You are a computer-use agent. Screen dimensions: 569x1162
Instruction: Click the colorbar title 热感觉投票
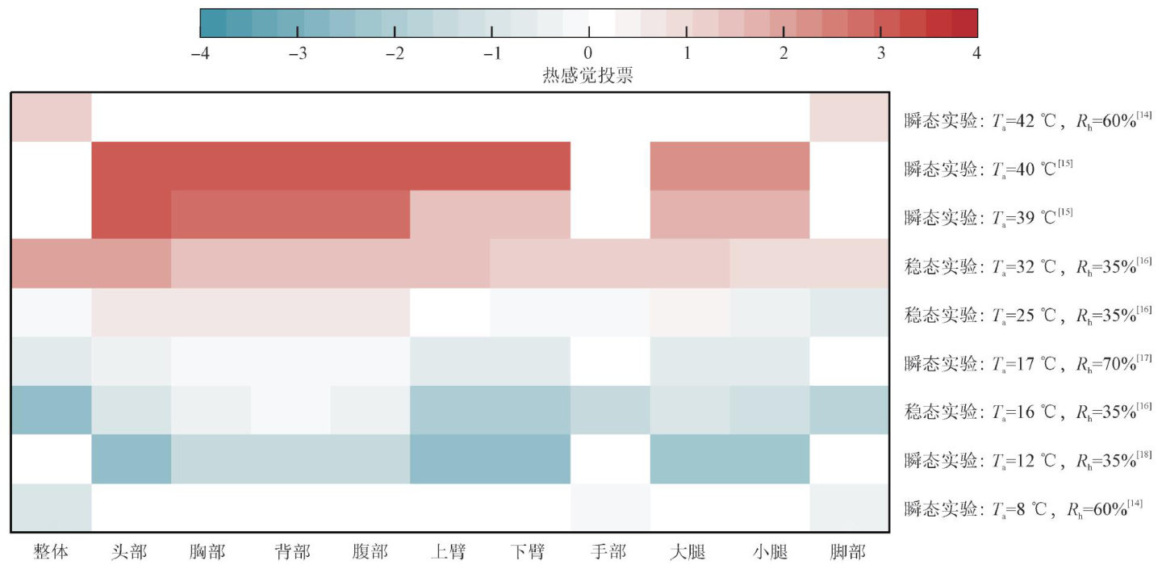587,76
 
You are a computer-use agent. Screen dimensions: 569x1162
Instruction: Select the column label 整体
51,552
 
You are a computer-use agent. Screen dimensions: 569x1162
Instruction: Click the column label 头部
130,552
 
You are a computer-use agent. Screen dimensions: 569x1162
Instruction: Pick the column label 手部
608,552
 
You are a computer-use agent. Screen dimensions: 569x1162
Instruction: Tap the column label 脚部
848,552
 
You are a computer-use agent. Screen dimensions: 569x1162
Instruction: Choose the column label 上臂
449,552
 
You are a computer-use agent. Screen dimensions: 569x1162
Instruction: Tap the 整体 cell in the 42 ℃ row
51,118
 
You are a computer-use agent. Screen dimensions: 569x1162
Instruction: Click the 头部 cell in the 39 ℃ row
131,215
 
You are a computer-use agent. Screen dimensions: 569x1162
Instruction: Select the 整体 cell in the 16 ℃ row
51,410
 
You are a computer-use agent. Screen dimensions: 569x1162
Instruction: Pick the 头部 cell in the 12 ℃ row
131,458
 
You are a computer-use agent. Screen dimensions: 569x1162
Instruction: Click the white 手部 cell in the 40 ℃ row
609,166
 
